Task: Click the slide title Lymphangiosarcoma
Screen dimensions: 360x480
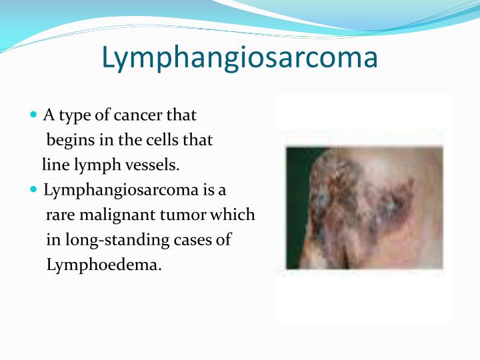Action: (x=239, y=58)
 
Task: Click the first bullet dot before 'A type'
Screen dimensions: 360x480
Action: (x=35, y=115)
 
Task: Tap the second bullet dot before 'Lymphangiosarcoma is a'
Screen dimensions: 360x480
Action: (x=35, y=190)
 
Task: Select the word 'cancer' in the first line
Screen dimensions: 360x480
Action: (x=139, y=115)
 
